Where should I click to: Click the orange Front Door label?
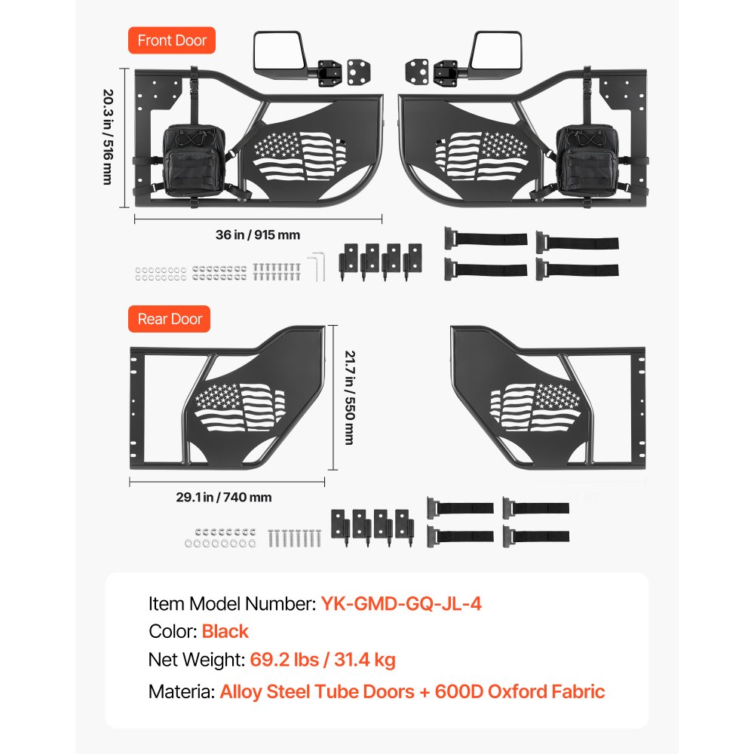172,41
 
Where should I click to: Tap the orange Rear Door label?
169,319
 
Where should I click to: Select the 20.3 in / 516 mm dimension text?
108,137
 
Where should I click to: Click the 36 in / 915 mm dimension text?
258,234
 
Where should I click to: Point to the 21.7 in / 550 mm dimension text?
350,397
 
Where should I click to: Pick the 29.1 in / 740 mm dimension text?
224,497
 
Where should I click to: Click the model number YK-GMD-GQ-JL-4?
401,603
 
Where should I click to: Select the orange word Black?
225,631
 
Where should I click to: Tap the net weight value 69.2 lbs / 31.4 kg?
323,660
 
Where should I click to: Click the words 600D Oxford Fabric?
520,691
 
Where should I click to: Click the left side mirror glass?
279,51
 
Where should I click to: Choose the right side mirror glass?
496,51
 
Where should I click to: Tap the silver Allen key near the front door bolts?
317,266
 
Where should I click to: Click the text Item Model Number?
231,603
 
